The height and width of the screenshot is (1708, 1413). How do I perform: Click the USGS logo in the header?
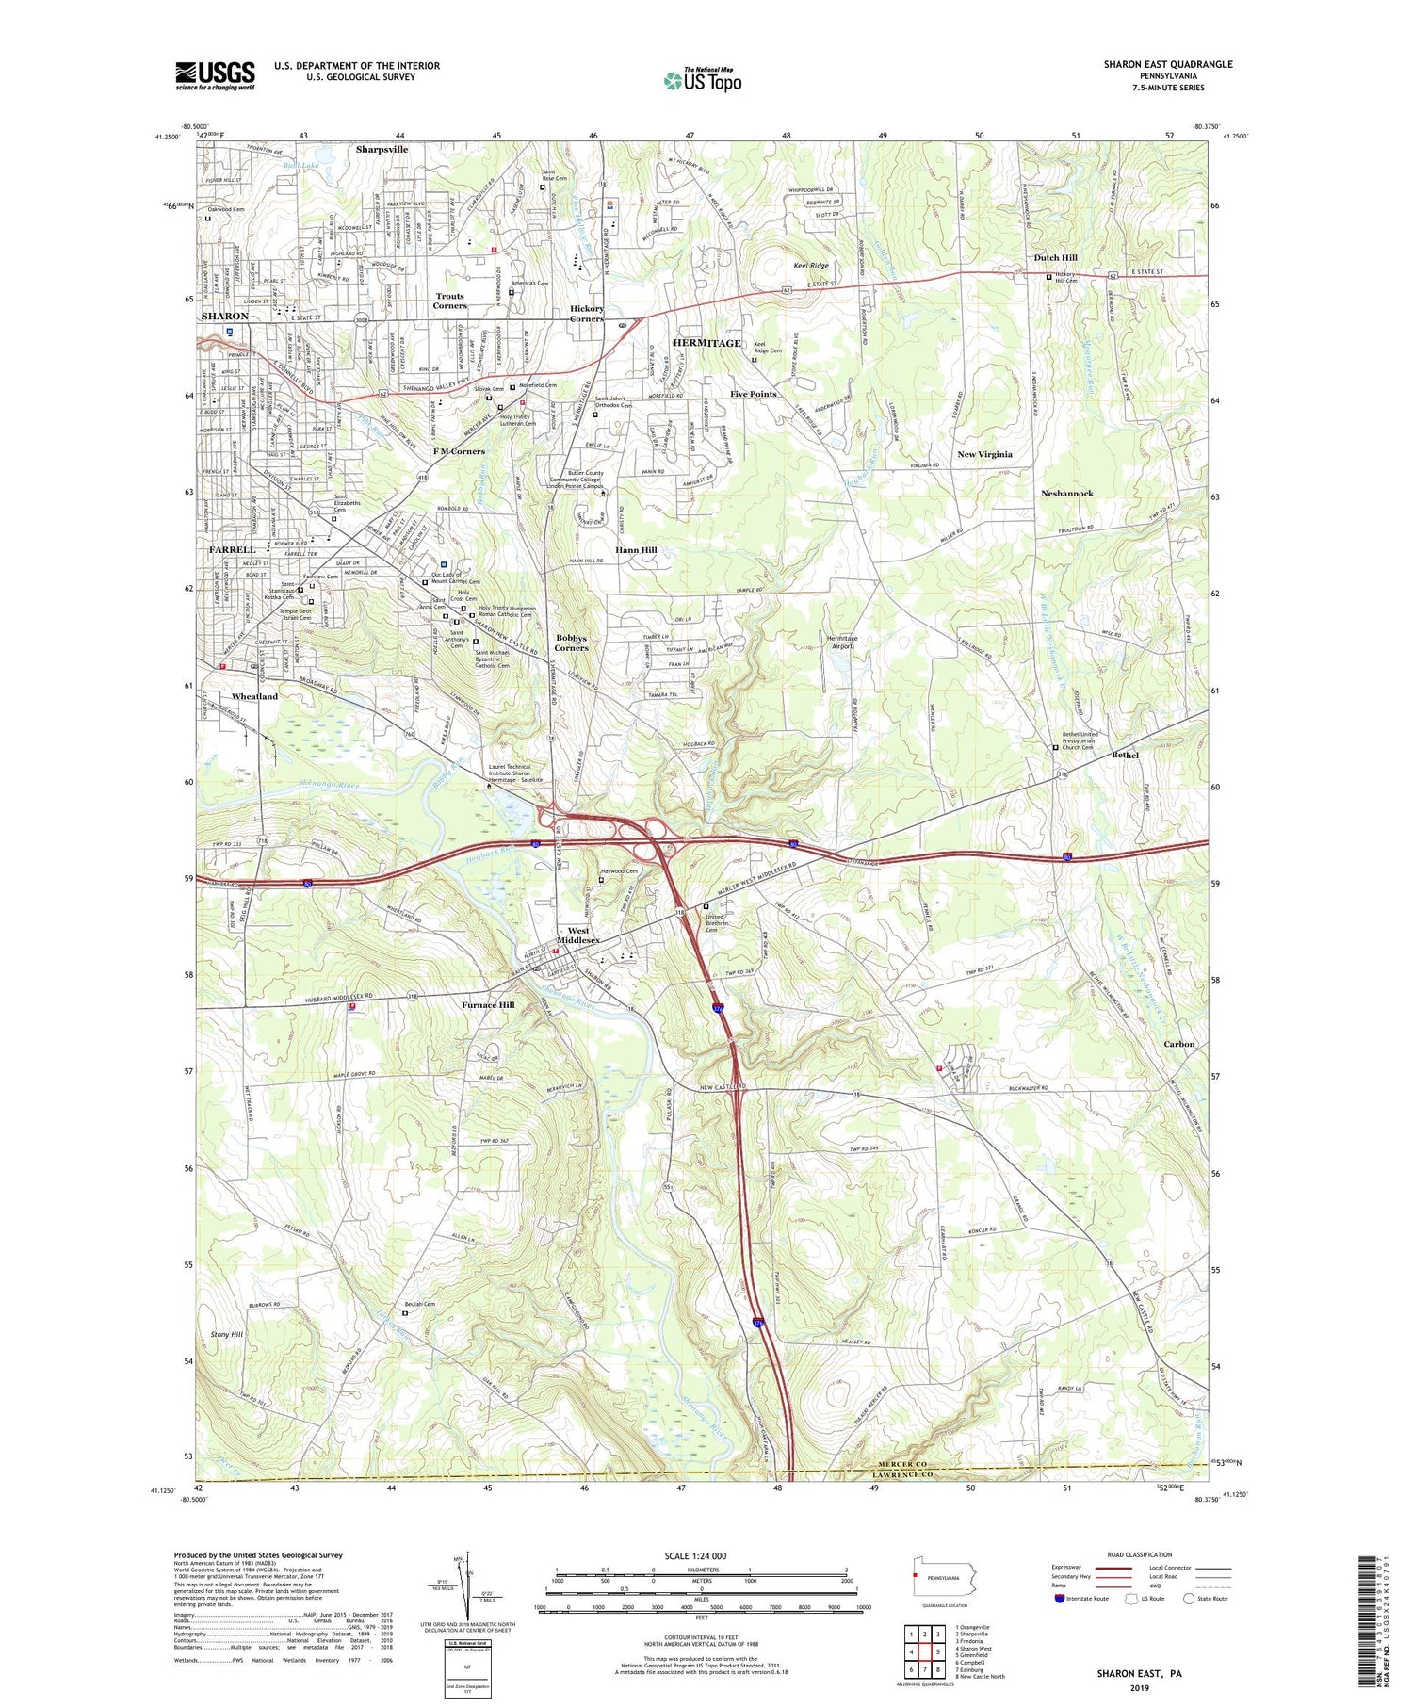click(215, 75)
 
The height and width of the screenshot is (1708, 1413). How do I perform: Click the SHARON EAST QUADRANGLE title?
click(1167, 64)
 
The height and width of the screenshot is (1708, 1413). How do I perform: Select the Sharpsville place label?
click(382, 149)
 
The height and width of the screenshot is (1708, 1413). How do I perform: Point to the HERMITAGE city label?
click(706, 343)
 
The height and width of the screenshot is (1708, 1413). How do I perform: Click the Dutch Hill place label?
click(1055, 257)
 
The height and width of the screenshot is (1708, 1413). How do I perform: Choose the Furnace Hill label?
click(488, 1005)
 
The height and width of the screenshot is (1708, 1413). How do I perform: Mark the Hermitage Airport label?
click(840, 642)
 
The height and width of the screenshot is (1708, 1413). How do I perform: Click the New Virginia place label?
click(984, 454)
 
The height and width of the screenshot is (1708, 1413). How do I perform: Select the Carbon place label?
click(1178, 1044)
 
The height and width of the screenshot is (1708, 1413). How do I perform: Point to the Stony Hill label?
click(227, 1335)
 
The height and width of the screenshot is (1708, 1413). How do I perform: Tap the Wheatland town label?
click(254, 696)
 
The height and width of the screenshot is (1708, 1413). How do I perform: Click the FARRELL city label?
click(232, 549)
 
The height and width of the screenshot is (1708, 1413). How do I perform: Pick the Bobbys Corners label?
click(571, 643)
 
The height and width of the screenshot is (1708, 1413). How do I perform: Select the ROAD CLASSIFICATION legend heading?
click(1140, 1555)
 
